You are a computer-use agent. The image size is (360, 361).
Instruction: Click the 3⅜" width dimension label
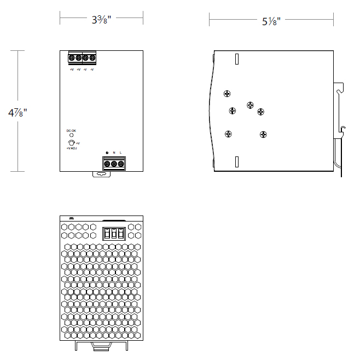[102, 20]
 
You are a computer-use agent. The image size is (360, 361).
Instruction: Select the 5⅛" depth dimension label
[271, 22]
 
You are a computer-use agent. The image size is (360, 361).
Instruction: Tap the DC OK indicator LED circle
[72, 135]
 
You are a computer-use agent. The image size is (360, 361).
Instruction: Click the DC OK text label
[72, 130]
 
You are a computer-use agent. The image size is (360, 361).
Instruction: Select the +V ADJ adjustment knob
[72, 143]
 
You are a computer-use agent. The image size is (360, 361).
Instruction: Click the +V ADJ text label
[72, 148]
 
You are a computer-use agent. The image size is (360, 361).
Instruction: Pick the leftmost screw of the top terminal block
[72, 57]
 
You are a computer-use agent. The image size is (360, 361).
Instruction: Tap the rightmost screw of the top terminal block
[92, 57]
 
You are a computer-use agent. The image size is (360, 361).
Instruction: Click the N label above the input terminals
[114, 152]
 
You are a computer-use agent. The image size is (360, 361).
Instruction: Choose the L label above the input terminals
[120, 152]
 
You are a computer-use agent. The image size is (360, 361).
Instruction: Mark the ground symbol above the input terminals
[107, 152]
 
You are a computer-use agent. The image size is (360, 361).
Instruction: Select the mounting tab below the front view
[101, 174]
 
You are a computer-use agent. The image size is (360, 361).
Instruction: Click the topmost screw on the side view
[227, 94]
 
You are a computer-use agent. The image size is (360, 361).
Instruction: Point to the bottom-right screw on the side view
[263, 134]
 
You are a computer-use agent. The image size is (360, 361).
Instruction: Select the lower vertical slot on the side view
[237, 161]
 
